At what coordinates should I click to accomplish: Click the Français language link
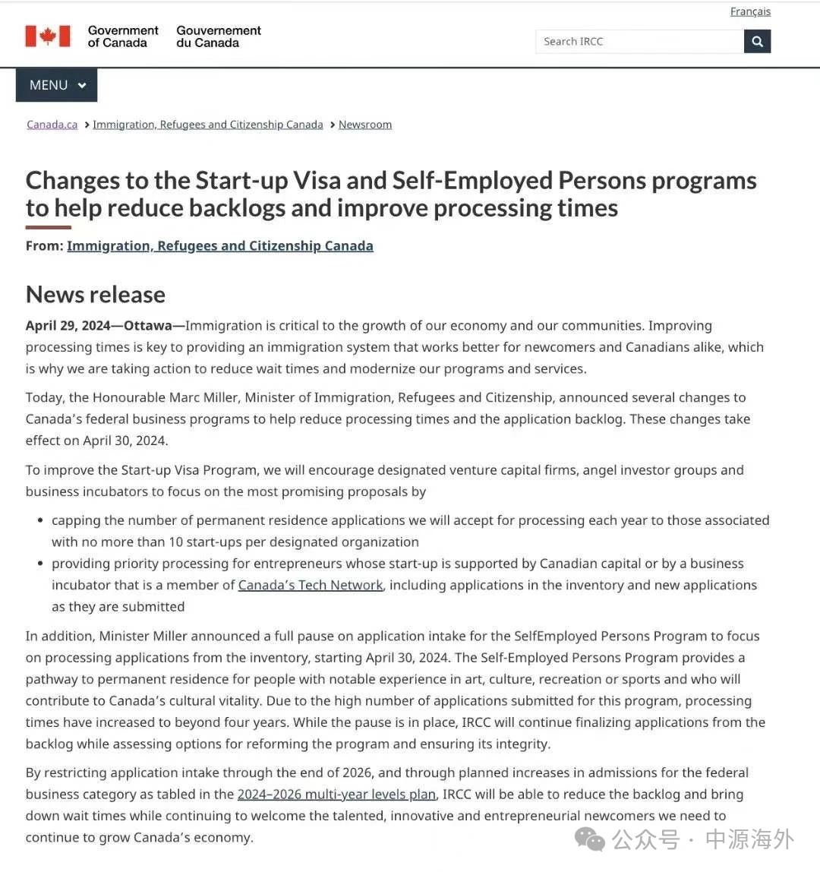pos(750,11)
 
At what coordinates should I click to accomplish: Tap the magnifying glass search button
pos(757,41)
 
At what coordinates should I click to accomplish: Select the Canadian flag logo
pos(48,36)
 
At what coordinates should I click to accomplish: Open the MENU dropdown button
pos(57,85)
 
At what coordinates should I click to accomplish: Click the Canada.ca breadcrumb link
pos(52,125)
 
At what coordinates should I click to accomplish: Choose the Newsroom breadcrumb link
pos(365,125)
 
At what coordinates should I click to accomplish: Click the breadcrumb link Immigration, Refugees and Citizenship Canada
pos(208,125)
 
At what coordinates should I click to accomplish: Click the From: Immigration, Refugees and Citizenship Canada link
pos(220,245)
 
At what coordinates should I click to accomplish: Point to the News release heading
pos(96,294)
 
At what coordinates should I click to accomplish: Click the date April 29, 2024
pos(68,326)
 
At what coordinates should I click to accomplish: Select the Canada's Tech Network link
pos(311,585)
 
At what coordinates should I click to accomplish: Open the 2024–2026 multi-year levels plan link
pos(336,795)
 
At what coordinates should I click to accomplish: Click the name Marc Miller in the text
pos(201,397)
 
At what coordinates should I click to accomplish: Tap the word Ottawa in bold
pos(148,326)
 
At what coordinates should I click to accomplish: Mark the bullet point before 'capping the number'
pos(40,521)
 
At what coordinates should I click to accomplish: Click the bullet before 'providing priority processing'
pos(40,564)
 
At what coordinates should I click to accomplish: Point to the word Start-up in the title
pos(241,181)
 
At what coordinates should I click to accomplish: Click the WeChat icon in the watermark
pos(590,839)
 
